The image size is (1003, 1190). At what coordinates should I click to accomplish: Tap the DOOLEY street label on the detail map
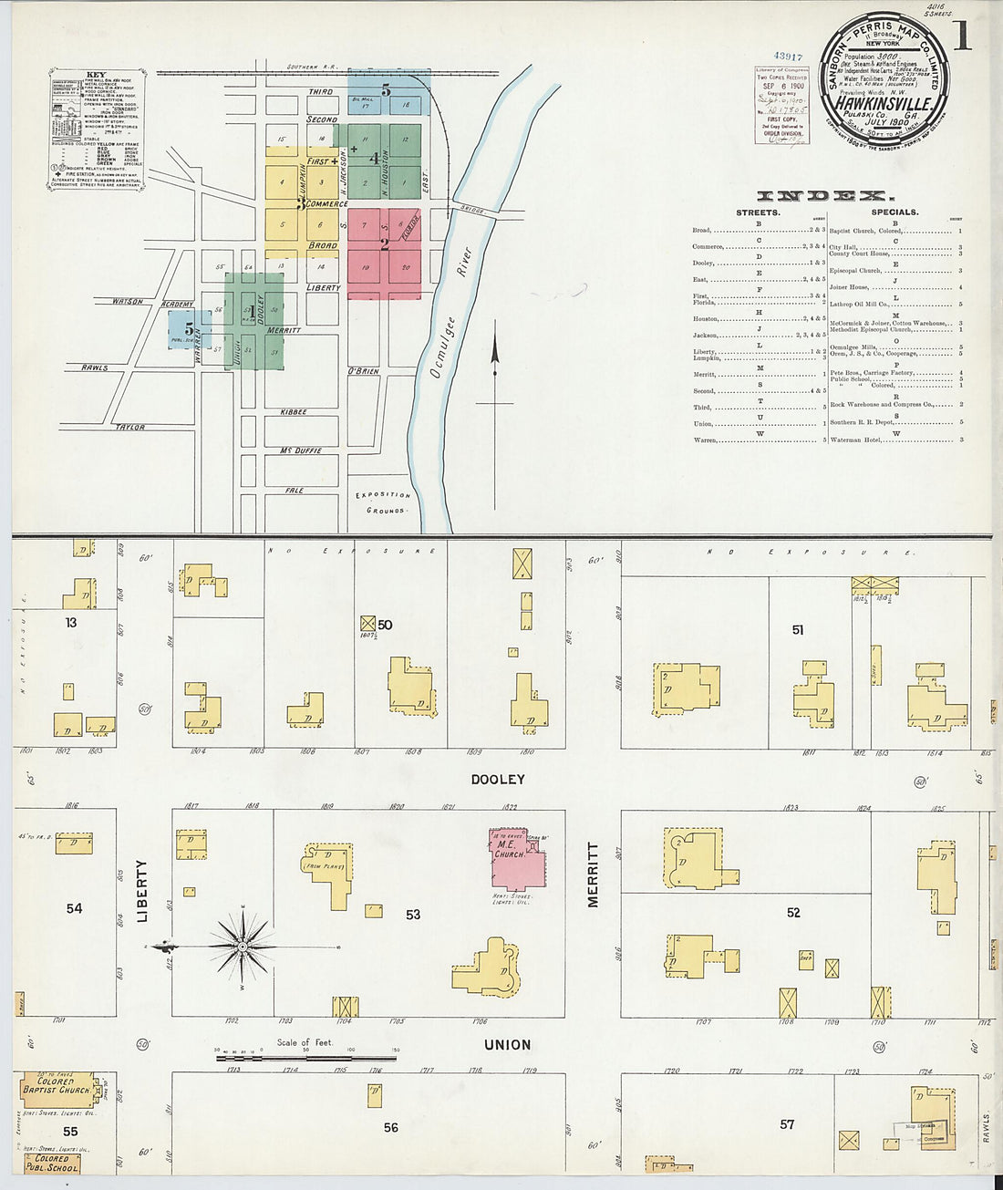tap(498, 780)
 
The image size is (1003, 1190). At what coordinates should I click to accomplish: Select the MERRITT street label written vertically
tap(594, 874)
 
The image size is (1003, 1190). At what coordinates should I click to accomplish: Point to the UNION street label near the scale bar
tap(508, 1045)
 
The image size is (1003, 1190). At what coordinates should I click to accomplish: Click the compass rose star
tap(243, 947)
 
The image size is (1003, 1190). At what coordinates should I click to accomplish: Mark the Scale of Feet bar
tap(305, 1058)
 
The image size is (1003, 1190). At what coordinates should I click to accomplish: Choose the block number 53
tap(413, 914)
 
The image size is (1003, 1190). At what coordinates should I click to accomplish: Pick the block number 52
tap(793, 912)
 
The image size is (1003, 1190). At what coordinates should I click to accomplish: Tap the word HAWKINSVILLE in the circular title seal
tap(884, 105)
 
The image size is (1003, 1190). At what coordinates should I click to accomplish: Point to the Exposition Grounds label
tap(384, 502)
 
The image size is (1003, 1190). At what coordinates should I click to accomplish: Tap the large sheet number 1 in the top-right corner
tap(961, 36)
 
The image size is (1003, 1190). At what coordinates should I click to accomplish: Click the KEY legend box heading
tap(96, 75)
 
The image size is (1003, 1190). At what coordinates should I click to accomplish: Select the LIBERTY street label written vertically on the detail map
tap(142, 891)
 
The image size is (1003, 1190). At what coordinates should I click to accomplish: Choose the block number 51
tap(798, 629)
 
